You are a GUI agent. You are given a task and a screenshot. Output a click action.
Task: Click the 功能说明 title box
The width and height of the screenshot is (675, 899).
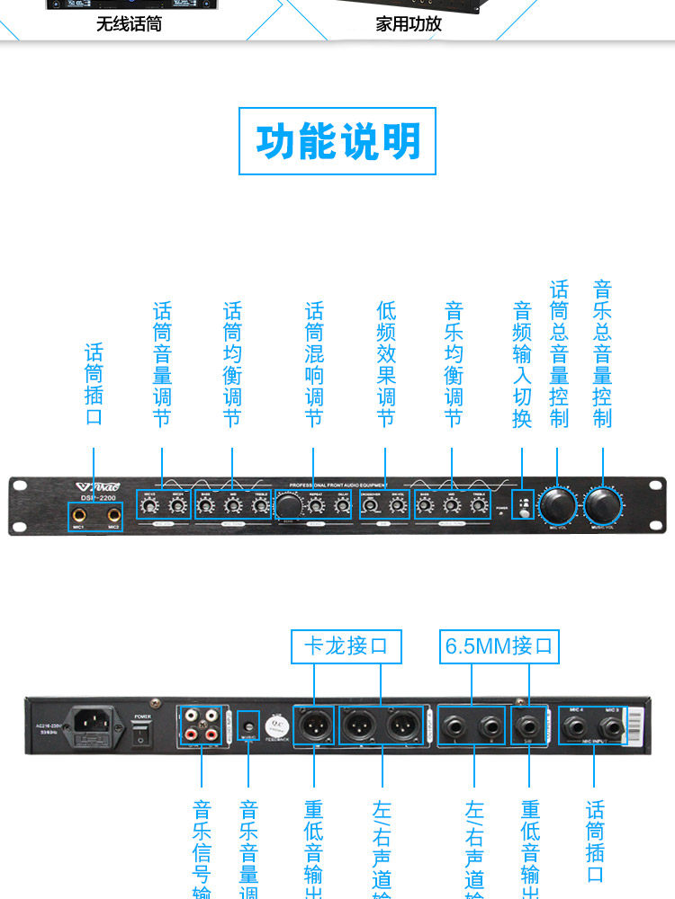(337, 141)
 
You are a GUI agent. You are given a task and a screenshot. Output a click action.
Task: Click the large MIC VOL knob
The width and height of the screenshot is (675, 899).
(557, 506)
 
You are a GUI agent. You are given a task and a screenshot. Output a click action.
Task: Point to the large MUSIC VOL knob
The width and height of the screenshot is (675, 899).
(603, 506)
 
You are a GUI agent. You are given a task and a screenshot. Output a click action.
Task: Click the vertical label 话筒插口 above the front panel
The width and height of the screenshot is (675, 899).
(94, 384)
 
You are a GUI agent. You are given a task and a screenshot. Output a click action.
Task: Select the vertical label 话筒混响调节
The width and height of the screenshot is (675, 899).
(314, 364)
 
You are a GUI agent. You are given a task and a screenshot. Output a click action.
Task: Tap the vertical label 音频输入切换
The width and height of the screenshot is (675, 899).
(522, 364)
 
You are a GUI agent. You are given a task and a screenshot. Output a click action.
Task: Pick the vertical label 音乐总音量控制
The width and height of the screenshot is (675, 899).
(603, 353)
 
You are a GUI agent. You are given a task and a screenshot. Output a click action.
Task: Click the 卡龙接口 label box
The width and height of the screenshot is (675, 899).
(346, 645)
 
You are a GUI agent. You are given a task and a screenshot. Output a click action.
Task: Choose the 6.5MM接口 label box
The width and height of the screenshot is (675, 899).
(499, 645)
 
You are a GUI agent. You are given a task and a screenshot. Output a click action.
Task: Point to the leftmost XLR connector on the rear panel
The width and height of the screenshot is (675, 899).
(315, 725)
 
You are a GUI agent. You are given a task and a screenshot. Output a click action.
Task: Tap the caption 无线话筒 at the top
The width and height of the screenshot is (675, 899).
(129, 24)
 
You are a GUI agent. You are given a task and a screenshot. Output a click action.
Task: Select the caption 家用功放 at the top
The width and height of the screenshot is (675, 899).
(409, 24)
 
